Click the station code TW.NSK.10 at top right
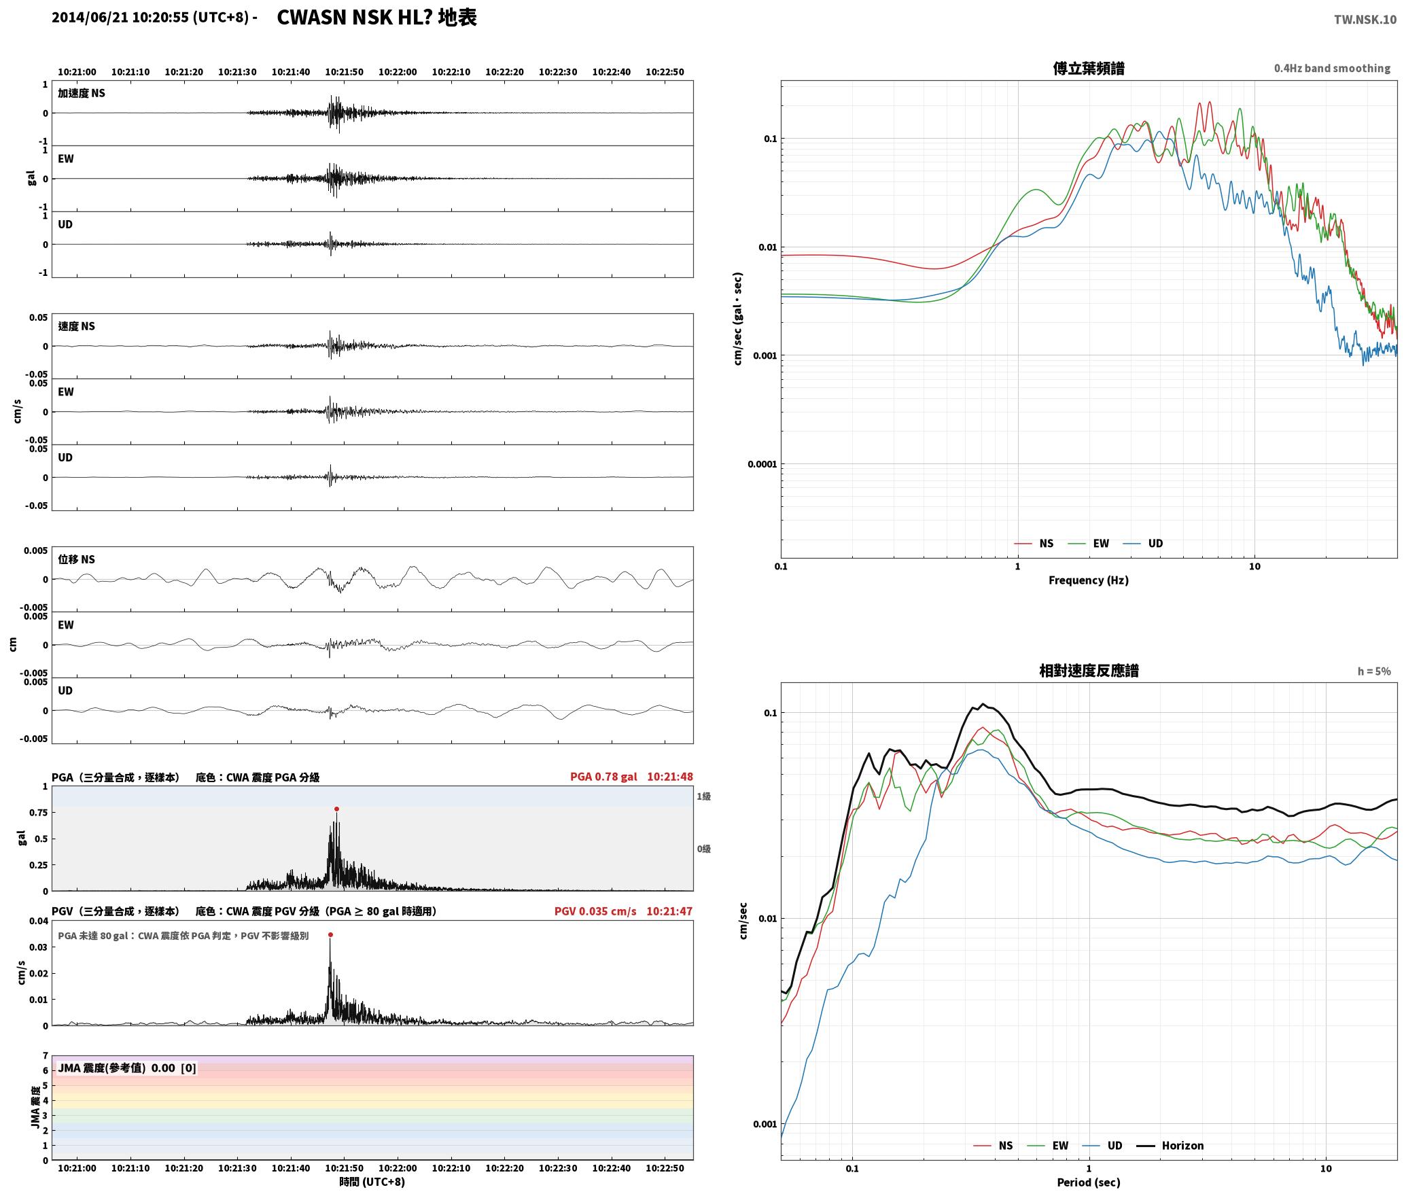click(1365, 20)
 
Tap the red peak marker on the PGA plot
click(336, 809)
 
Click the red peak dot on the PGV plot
click(330, 934)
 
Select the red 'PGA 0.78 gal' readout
click(603, 776)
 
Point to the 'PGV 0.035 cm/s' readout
click(595, 911)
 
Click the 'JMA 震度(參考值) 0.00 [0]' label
click(127, 1068)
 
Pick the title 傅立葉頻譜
click(1088, 68)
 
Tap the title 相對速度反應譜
click(1089, 670)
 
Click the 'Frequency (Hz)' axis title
click(1088, 580)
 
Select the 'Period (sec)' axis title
click(1088, 1182)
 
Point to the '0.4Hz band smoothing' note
click(1332, 68)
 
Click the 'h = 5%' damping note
click(1374, 671)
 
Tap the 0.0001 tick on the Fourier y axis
click(762, 464)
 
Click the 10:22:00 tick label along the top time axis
click(398, 71)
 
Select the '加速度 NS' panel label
click(82, 93)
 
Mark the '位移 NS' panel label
click(76, 559)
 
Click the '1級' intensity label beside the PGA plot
click(703, 796)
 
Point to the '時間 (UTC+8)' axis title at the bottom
click(372, 1182)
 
